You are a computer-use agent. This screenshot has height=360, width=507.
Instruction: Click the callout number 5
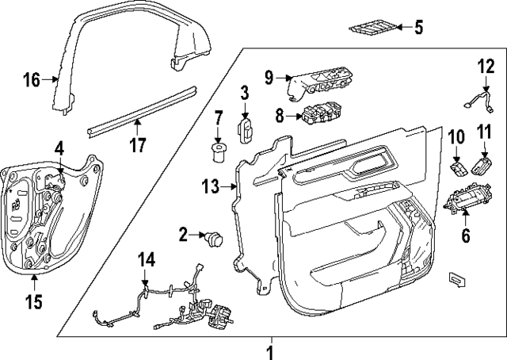click(419, 28)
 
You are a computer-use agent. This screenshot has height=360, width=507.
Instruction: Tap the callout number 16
click(31, 79)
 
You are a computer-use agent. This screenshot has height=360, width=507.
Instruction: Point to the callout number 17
click(138, 144)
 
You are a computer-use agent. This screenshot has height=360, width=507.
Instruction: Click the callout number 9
click(269, 78)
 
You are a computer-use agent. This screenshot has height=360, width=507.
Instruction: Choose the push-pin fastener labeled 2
click(213, 236)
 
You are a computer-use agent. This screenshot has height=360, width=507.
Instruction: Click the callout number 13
click(210, 186)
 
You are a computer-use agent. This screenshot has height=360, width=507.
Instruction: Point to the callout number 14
click(145, 259)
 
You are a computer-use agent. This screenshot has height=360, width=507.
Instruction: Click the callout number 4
click(59, 147)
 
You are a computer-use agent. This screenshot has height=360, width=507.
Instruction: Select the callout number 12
click(485, 65)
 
